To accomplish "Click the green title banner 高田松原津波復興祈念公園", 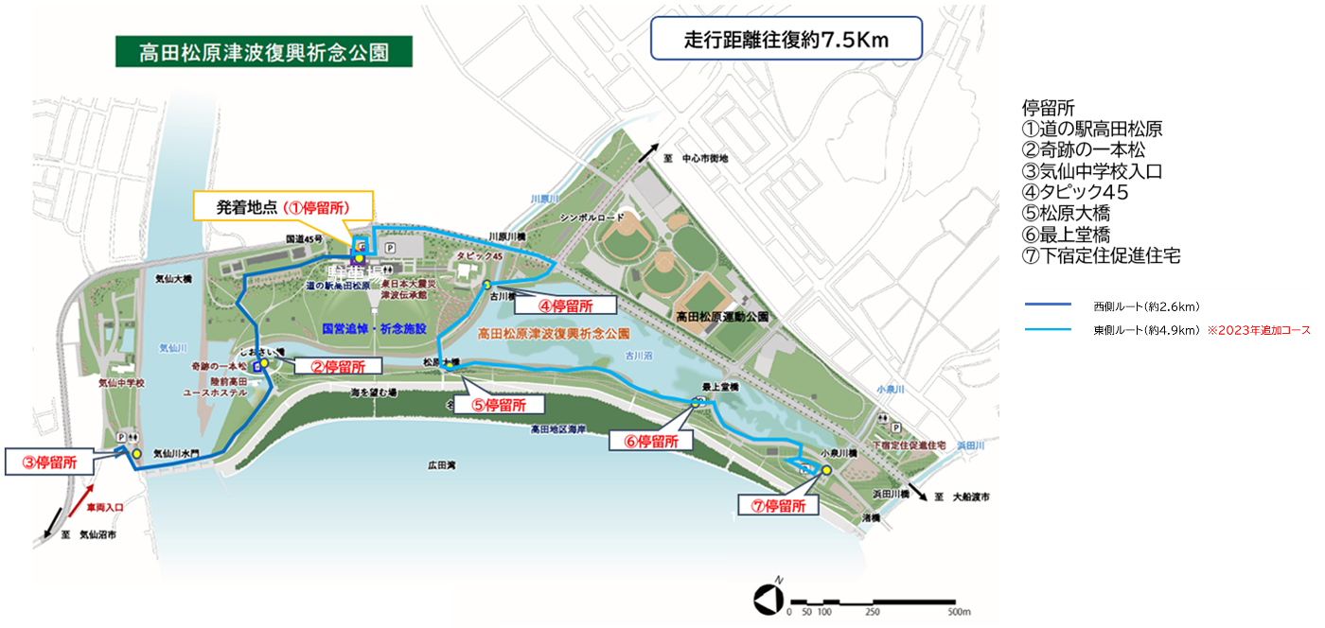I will coord(264,52).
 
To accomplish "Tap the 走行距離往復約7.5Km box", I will coord(786,41).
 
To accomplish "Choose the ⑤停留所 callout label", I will coord(501,404).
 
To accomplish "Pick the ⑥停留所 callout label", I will coord(650,441).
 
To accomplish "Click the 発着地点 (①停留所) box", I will coord(283,206).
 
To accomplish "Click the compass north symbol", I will coord(767,599).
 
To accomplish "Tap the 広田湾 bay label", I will coord(442,465).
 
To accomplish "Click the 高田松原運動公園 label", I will coord(720,317).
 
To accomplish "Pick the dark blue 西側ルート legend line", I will coord(1047,305).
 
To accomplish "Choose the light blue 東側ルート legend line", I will coord(1047,330).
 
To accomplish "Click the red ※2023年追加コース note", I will coord(1258,330).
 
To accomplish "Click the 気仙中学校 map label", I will coord(121,384).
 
